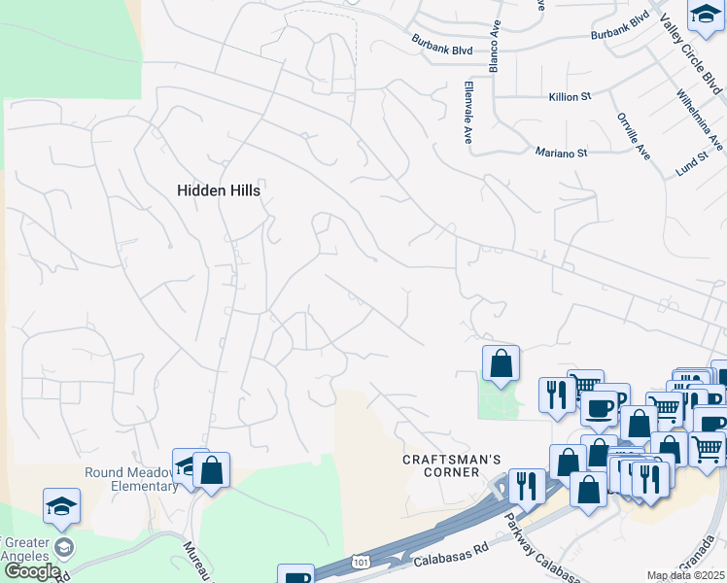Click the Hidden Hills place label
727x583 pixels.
(219, 191)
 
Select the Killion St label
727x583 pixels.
(570, 97)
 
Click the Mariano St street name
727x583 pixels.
(562, 153)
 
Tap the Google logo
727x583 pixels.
(32, 571)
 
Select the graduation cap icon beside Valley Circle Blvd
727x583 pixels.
(706, 15)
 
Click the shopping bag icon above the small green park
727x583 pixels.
(501, 364)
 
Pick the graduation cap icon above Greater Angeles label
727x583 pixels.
(61, 506)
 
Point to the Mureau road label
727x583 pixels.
(195, 564)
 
